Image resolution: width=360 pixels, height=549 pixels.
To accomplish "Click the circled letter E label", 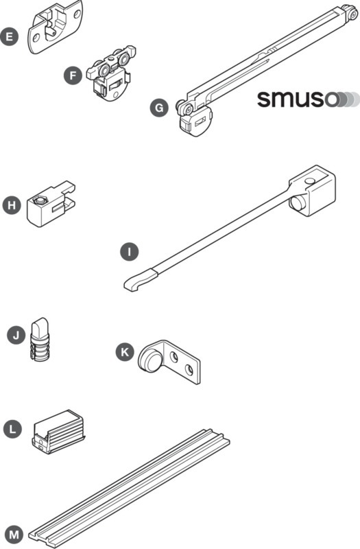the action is (9, 37).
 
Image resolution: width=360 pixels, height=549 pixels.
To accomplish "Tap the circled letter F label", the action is (73, 75).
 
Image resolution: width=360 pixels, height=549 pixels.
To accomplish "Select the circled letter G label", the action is (159, 108).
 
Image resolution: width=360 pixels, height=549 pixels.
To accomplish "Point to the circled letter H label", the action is (12, 205).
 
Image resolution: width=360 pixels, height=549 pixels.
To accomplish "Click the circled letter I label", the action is (129, 252).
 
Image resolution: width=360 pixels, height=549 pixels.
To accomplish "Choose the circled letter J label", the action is (16, 336).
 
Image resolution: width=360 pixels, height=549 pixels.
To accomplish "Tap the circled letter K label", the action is (125, 352).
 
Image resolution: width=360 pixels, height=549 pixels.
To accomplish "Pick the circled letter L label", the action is (12, 430).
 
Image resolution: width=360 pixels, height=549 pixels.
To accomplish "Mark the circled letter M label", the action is (14, 535).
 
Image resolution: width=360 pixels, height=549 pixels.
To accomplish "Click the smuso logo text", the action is (297, 99).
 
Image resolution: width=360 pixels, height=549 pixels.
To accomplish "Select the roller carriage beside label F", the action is (111, 73).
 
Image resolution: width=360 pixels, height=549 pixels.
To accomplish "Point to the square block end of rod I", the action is (312, 191).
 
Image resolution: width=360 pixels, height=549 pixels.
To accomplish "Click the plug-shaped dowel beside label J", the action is (40, 340).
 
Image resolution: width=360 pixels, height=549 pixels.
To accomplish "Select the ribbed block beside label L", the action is (58, 431).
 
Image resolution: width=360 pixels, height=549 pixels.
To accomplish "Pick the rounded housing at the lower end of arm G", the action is (196, 121).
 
